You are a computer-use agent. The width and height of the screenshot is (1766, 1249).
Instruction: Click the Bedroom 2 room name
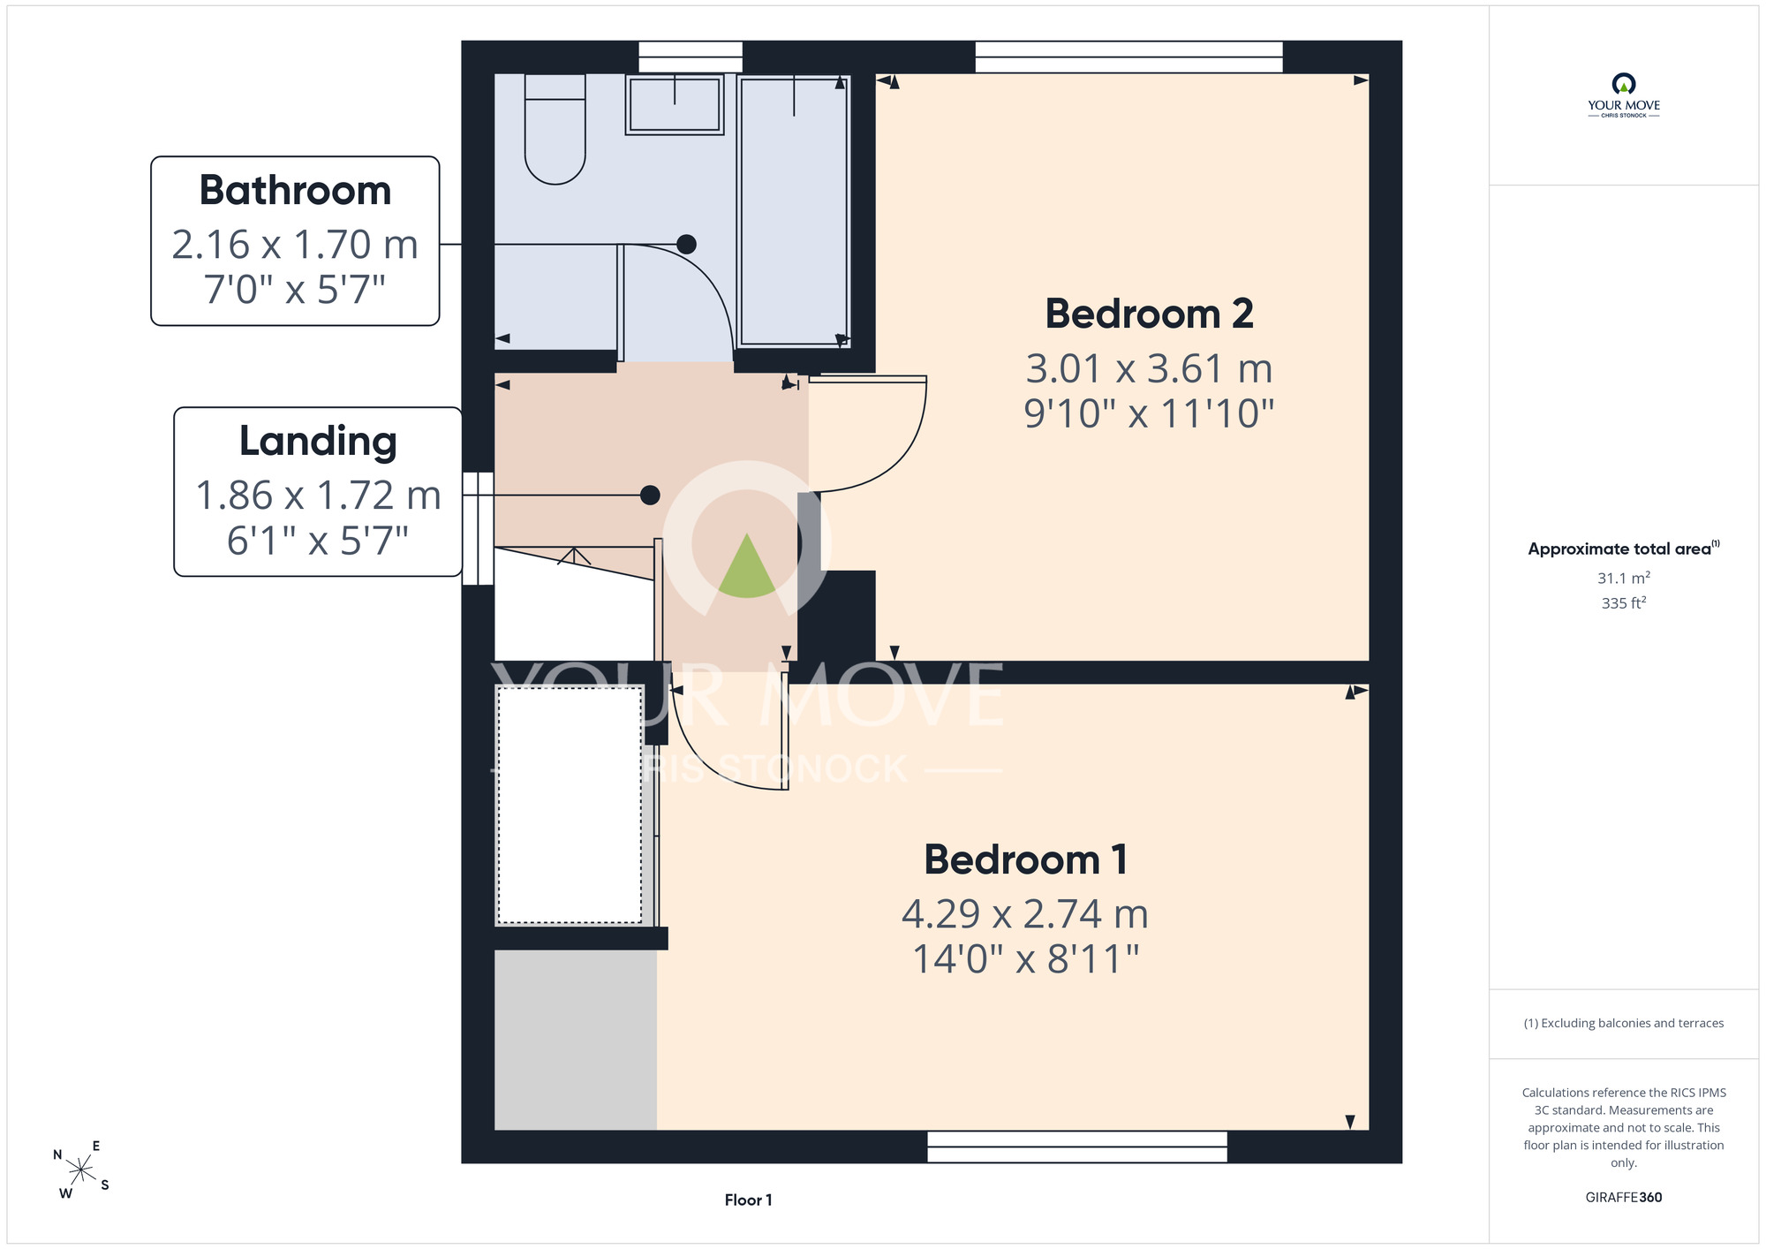click(1149, 314)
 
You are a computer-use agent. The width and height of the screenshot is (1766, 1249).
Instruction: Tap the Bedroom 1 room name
click(1025, 859)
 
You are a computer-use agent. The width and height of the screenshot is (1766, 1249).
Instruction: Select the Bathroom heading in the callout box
click(295, 190)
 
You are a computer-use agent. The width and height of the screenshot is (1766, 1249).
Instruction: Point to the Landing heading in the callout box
click(318, 442)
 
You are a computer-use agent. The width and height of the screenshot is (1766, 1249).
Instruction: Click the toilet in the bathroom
click(555, 129)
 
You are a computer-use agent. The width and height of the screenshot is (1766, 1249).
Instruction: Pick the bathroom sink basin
click(675, 104)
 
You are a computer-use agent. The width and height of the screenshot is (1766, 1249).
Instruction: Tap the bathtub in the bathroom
click(794, 210)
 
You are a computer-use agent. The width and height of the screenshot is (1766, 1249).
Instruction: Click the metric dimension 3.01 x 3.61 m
click(1149, 368)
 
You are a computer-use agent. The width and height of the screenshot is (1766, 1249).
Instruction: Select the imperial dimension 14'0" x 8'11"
click(1025, 958)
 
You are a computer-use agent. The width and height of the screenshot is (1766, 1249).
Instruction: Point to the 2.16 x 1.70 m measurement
click(295, 245)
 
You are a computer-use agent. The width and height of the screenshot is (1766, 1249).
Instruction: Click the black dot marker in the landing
click(650, 496)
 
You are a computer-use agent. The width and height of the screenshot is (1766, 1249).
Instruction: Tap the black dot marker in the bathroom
click(686, 245)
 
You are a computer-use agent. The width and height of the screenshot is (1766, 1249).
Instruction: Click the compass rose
click(81, 1170)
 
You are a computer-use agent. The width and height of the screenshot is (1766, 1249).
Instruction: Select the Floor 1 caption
click(748, 1200)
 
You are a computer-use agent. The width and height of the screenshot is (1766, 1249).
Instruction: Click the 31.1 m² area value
click(1624, 578)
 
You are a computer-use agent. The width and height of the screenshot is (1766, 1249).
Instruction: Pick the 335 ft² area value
click(1624, 602)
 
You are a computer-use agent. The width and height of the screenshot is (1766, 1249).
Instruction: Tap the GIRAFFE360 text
click(1624, 1198)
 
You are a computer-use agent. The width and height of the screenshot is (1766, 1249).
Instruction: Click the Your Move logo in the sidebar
click(1624, 95)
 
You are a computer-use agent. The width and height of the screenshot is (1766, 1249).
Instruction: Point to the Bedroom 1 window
click(1077, 1147)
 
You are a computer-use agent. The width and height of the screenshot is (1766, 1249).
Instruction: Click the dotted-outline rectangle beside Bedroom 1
click(570, 805)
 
